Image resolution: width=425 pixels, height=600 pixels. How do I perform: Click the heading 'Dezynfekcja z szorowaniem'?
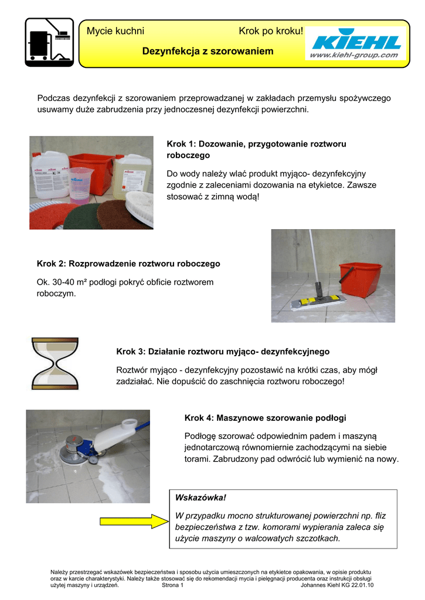[x=208, y=52]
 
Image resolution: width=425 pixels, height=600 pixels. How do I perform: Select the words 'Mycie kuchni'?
[x=115, y=30]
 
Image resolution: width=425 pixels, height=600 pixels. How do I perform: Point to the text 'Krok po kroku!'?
[x=271, y=30]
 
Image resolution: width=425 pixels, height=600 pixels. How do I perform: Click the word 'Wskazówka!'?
[x=200, y=497]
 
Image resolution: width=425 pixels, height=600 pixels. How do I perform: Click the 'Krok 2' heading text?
[x=128, y=264]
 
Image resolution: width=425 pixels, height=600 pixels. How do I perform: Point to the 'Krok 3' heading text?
[x=223, y=352]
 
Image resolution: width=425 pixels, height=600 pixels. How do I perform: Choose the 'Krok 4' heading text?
[x=265, y=418]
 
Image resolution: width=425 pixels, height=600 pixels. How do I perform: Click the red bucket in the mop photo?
[x=359, y=279]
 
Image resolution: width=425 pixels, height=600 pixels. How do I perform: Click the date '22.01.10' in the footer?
[x=361, y=585]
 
